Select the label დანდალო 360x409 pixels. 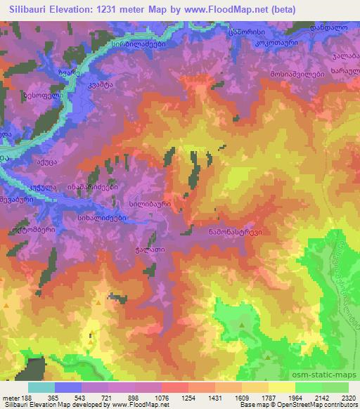pos(330,27)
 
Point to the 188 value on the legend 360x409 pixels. pos(25,397)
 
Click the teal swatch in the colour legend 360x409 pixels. pos(41,387)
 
